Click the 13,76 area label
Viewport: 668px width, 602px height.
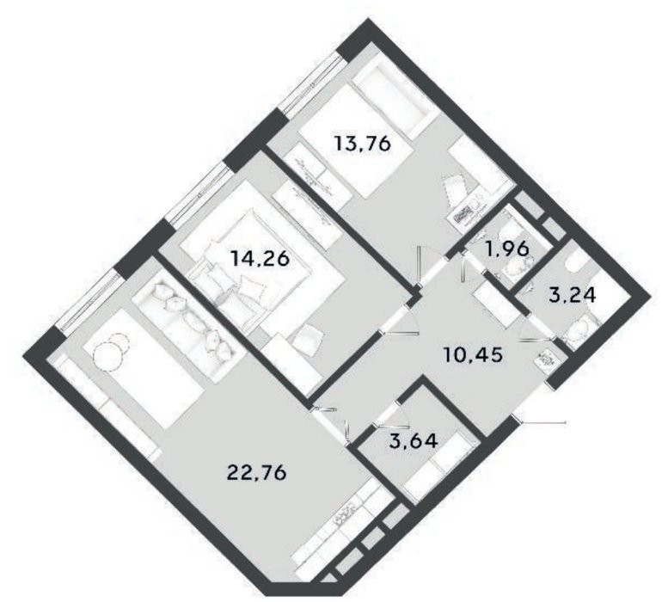coord(363,144)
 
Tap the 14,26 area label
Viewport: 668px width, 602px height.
coord(260,259)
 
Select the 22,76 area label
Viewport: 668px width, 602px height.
coord(257,472)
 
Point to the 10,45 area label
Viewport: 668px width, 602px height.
coord(474,354)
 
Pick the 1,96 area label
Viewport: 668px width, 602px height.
coord(508,249)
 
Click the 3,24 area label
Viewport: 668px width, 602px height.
coord(573,294)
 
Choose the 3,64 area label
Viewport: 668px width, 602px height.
coord(414,441)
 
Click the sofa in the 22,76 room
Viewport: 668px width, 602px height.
coord(185,324)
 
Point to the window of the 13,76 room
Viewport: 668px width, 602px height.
coord(313,84)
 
